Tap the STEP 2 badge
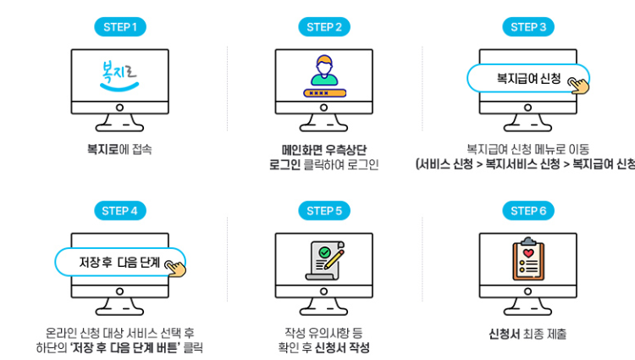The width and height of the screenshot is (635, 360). pos(324,27)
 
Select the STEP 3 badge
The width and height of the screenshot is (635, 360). pos(528,27)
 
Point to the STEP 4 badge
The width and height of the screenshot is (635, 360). pos(119,211)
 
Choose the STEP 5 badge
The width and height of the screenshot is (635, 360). pos(324,211)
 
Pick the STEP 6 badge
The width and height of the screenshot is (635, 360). pos(528,211)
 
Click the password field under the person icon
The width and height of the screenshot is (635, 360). pos(324,91)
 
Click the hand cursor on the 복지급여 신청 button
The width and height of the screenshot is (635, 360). pos(579,85)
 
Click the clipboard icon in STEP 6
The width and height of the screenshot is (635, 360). pos(528,259)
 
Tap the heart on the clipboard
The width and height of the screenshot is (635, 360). pos(528,252)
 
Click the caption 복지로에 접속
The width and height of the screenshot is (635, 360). pos(119,147)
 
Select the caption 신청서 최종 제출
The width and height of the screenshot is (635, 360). pos(528,333)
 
